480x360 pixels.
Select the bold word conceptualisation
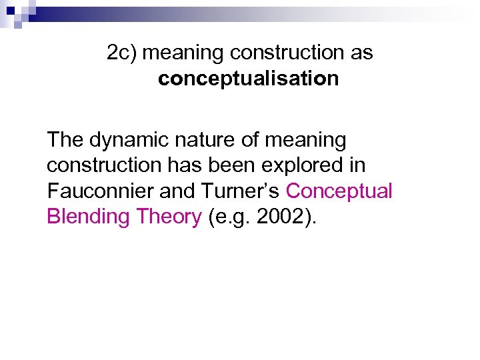pos(248,79)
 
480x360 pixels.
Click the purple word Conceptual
pos(339,191)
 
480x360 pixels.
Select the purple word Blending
pos(87,217)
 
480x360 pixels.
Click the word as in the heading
pos(361,53)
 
